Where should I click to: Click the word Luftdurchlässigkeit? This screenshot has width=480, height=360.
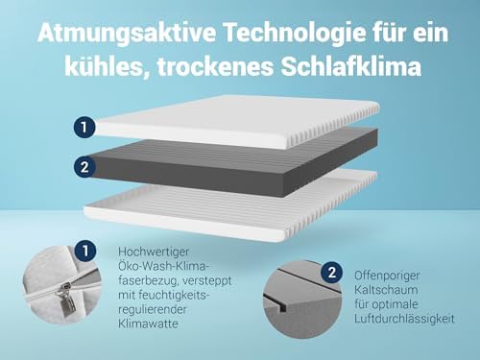(x=407, y=318)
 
